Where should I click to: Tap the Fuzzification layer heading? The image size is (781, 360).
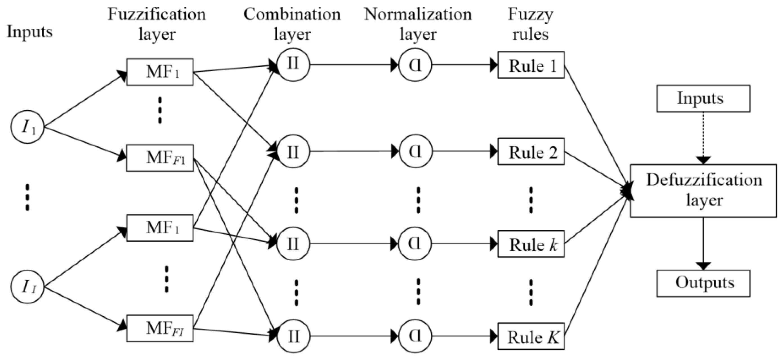(157, 24)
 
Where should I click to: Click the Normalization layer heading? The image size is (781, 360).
(418, 24)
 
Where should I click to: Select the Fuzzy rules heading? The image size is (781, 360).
(531, 24)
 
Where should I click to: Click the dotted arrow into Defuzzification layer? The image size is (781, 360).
(703, 138)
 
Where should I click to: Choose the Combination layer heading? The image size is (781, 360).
(292, 24)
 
